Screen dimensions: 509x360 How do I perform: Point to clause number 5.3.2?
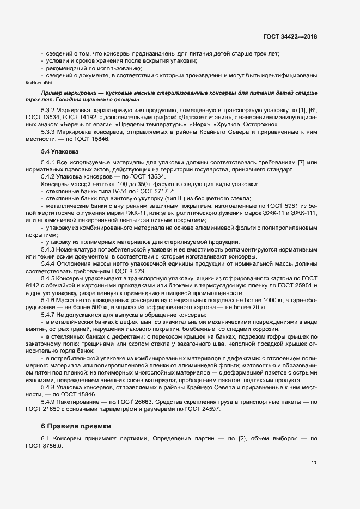tap(50, 111)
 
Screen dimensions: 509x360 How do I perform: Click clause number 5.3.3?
tap(50, 132)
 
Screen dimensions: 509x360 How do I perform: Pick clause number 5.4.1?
tap(50, 163)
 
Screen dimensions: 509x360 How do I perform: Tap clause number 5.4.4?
tap(50, 263)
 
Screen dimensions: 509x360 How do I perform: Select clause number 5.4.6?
tap(50, 300)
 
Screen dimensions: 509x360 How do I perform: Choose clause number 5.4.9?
tap(50, 402)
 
